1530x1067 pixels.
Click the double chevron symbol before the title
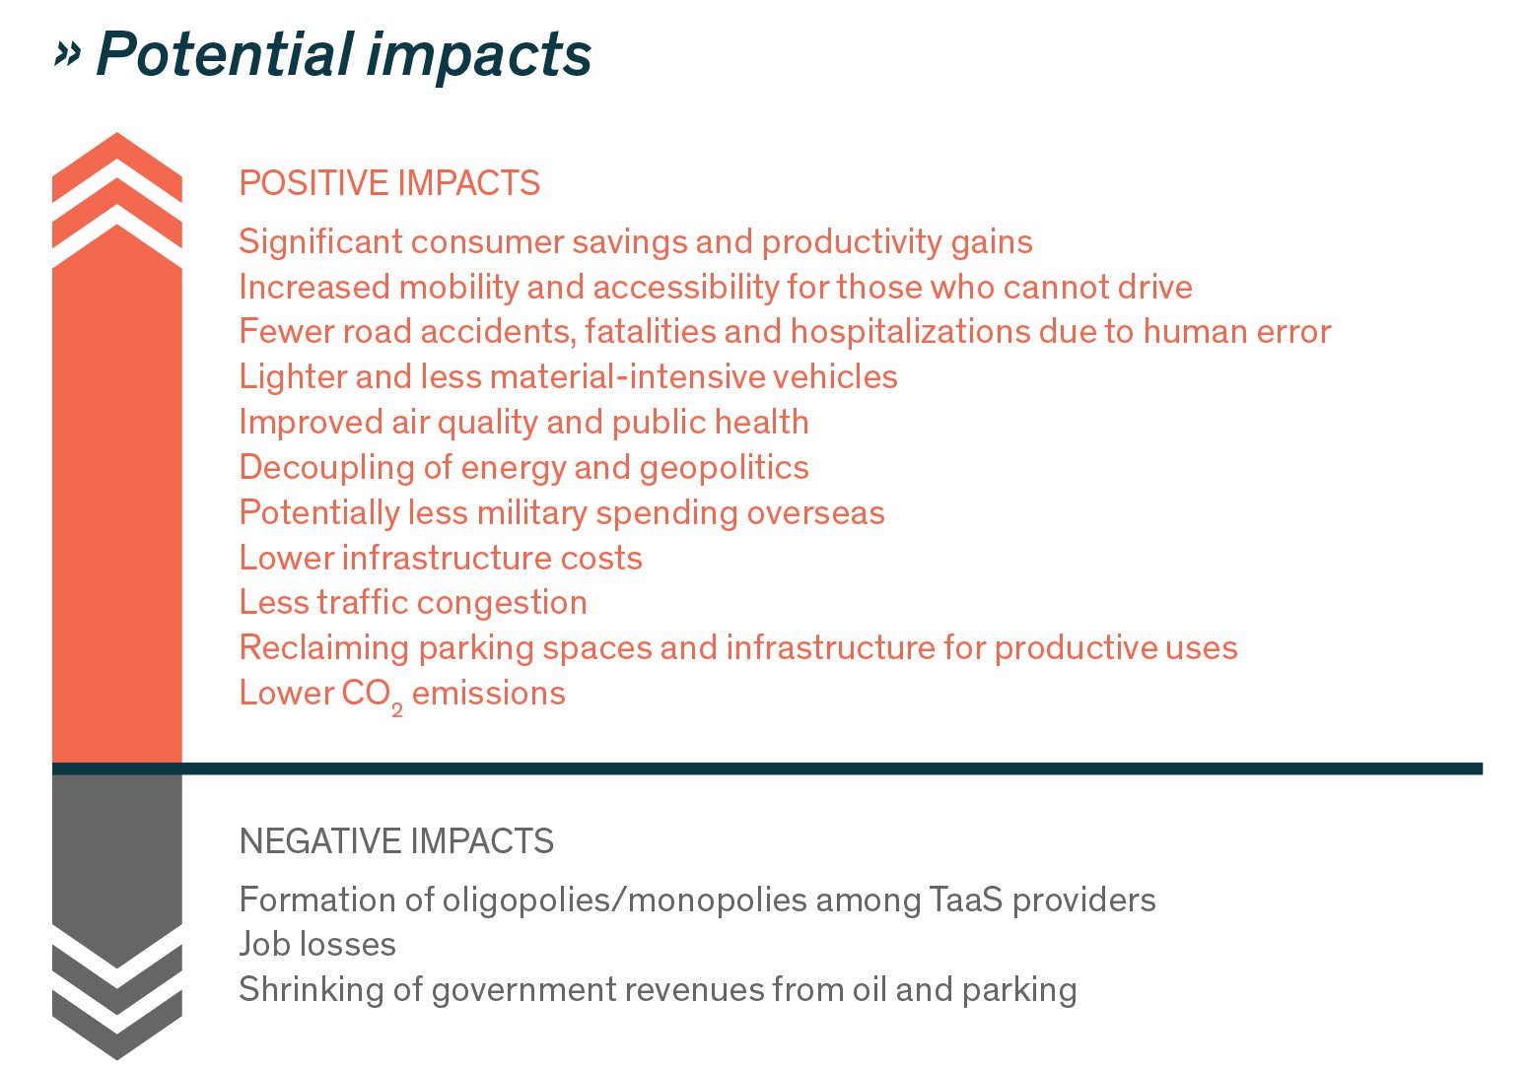point(67,54)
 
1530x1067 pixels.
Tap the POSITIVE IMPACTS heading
point(389,183)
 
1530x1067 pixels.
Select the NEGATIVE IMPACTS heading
point(396,840)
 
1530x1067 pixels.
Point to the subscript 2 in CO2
point(397,710)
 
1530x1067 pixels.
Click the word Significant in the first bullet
point(320,242)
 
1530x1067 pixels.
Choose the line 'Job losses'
point(317,945)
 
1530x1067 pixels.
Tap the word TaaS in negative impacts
point(966,900)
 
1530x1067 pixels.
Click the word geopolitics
point(724,469)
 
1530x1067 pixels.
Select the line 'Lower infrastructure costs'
point(441,559)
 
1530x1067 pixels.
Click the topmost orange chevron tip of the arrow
point(116,133)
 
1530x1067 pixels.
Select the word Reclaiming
point(324,648)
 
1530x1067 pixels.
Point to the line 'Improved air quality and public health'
point(523,423)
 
